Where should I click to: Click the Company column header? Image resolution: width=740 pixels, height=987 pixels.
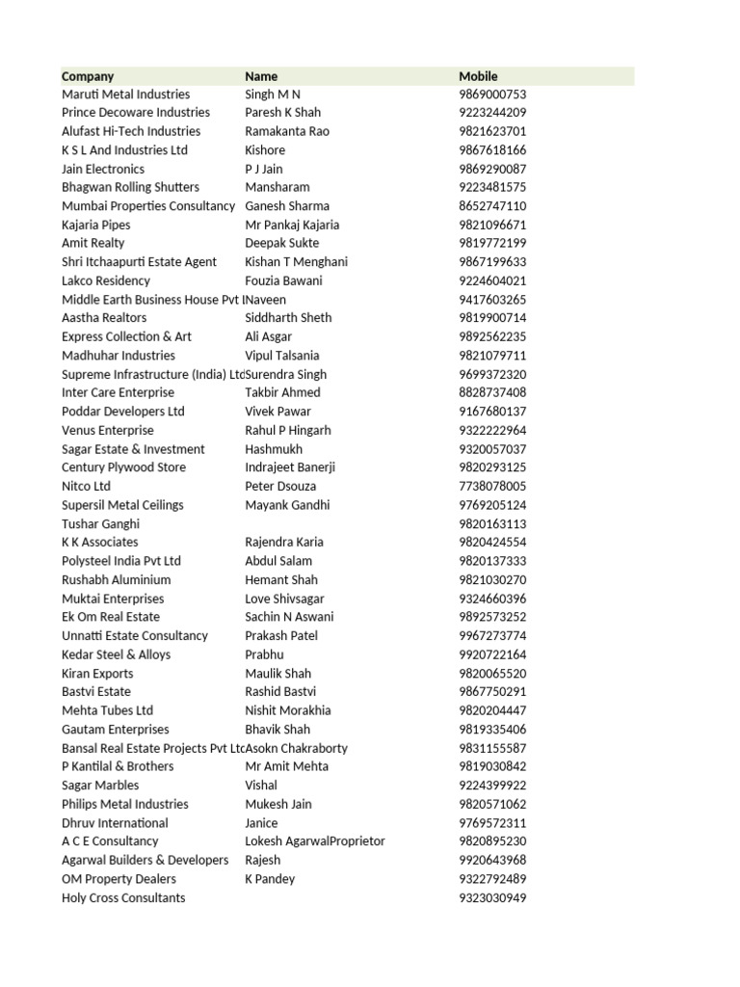(x=88, y=76)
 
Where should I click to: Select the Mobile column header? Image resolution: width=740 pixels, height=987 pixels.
(x=479, y=76)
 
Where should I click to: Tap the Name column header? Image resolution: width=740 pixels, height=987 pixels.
(x=261, y=76)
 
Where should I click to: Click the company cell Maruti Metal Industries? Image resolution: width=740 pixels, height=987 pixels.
(x=125, y=94)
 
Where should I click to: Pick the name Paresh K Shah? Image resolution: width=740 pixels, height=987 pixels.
(x=283, y=113)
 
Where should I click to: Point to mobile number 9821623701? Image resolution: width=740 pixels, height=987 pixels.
(x=492, y=131)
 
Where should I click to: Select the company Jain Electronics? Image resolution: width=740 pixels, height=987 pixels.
(x=103, y=169)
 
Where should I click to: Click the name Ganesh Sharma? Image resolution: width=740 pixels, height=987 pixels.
(x=287, y=206)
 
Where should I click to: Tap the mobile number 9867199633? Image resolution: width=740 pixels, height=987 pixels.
(x=492, y=262)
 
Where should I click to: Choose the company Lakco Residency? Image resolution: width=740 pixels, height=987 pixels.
(x=106, y=280)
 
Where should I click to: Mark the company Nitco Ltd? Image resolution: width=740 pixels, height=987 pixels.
(x=87, y=487)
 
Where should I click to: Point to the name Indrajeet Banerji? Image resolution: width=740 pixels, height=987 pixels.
(x=290, y=467)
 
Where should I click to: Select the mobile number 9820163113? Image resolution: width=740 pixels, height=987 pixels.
(x=492, y=524)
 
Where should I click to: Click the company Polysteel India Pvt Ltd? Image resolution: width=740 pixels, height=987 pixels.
(x=121, y=561)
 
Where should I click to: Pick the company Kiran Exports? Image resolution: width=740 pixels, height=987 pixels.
(x=97, y=674)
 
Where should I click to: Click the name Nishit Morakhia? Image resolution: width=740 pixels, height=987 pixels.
(x=288, y=710)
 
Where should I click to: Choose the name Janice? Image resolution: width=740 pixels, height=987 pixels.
(x=261, y=823)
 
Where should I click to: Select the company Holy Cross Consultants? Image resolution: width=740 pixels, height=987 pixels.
(x=123, y=898)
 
